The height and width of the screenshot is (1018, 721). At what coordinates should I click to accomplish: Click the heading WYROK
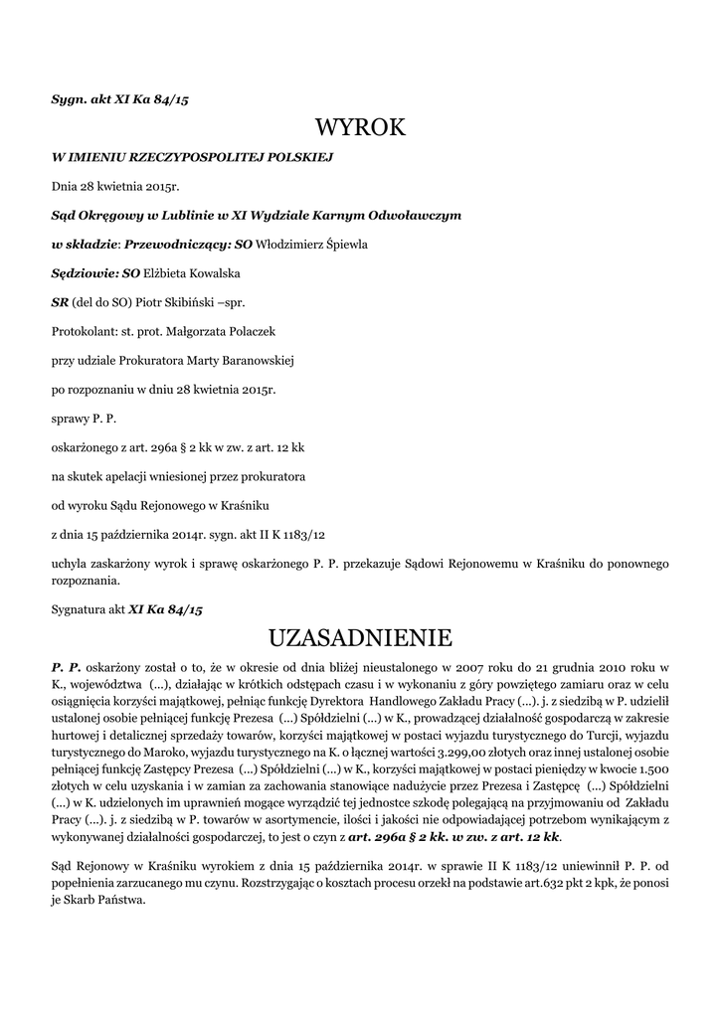click(360, 127)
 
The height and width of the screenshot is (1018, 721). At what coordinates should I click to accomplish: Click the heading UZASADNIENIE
click(360, 635)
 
